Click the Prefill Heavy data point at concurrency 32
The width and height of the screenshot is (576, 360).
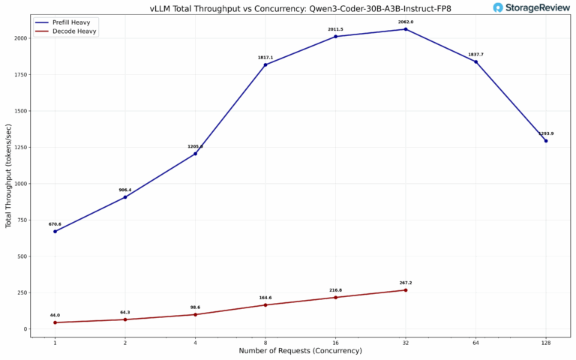[406, 29]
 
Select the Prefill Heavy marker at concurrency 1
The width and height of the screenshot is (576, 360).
[55, 231]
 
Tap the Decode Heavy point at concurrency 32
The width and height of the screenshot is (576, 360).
[406, 290]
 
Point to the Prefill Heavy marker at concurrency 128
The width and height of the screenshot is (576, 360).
[546, 141]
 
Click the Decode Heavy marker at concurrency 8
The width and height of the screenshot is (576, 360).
[265, 305]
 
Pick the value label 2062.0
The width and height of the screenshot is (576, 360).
[406, 22]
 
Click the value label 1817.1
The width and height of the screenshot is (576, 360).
[265, 57]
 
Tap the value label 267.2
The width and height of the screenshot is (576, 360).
[406, 283]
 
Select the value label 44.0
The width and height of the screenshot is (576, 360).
[55, 315]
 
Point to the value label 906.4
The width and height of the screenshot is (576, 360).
[125, 190]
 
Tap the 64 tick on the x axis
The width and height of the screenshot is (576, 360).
[475, 343]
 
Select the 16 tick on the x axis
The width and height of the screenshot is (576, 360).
[335, 343]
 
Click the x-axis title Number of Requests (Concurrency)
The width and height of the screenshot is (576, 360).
[300, 351]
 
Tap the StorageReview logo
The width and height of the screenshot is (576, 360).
[531, 7]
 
